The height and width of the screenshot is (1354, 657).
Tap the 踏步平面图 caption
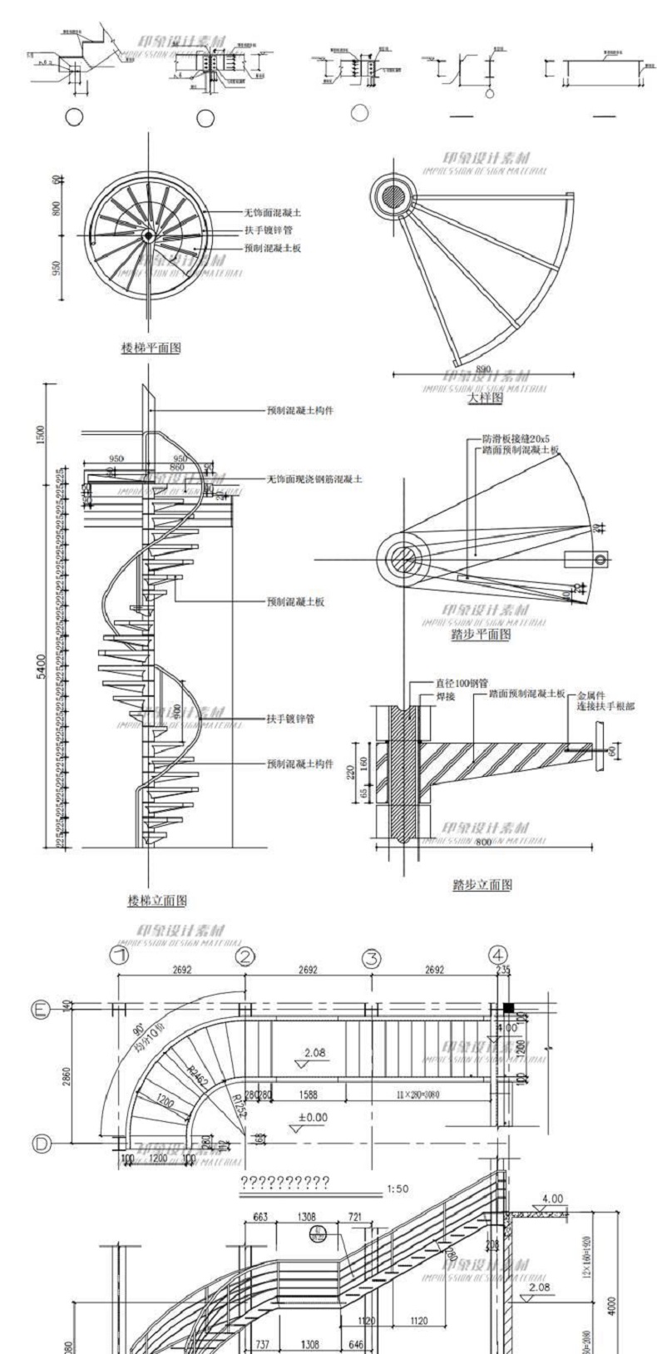click(482, 635)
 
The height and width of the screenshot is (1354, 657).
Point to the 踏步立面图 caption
click(482, 884)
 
